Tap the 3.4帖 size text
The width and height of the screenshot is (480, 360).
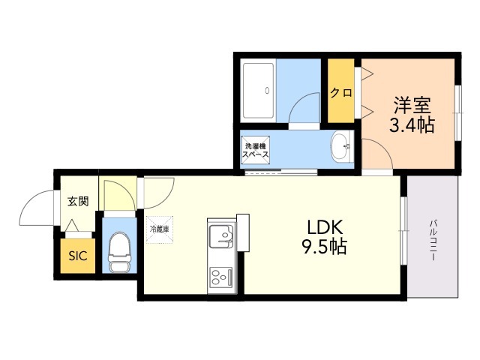tap(411, 125)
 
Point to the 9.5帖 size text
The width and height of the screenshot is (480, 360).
tap(325, 247)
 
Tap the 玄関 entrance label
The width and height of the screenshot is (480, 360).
tap(77, 201)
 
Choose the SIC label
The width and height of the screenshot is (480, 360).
tap(78, 256)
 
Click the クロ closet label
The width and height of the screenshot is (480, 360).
tap(341, 93)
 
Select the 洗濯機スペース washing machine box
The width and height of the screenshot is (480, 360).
tap(255, 148)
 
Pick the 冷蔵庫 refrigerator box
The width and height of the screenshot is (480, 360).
tap(160, 229)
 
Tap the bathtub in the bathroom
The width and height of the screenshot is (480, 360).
tap(259, 91)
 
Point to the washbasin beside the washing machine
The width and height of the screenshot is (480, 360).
tap(341, 146)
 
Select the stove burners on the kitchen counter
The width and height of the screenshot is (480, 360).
tap(221, 279)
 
